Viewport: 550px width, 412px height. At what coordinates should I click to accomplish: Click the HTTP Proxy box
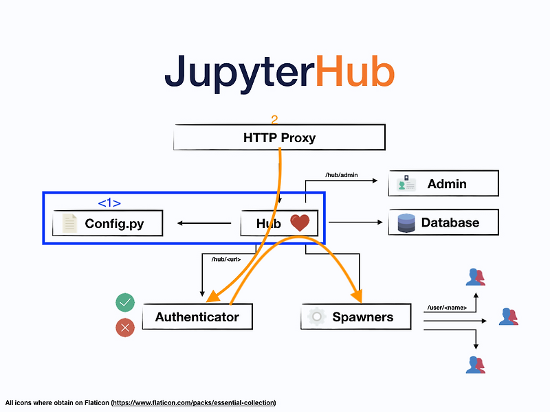279,137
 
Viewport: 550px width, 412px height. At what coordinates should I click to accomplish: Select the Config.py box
108,223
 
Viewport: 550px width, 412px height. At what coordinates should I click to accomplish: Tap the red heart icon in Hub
300,222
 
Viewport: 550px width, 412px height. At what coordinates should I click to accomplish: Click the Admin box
443,183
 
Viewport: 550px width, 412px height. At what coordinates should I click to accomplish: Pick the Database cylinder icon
406,222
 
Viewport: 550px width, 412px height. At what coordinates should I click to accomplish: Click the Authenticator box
197,317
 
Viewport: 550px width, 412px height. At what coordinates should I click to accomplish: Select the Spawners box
356,317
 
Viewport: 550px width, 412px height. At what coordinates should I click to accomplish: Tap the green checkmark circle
125,302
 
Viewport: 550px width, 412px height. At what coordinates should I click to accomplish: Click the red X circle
125,328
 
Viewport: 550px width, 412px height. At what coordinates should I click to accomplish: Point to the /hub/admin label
341,175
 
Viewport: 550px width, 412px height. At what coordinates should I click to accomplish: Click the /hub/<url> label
226,260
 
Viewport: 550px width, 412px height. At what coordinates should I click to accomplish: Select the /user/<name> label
447,308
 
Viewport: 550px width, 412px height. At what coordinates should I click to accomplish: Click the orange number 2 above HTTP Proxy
274,119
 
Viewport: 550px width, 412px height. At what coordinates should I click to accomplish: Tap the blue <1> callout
109,203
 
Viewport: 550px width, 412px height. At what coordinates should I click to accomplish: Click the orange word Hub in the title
355,71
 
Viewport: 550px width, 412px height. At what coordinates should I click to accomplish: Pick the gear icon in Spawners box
317,317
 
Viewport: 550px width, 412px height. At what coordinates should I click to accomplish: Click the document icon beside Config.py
69,223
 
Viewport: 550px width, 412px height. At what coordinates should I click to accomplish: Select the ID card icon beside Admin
406,183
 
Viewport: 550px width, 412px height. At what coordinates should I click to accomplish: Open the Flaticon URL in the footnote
194,403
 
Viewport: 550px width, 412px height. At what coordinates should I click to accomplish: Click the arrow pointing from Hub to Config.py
204,222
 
